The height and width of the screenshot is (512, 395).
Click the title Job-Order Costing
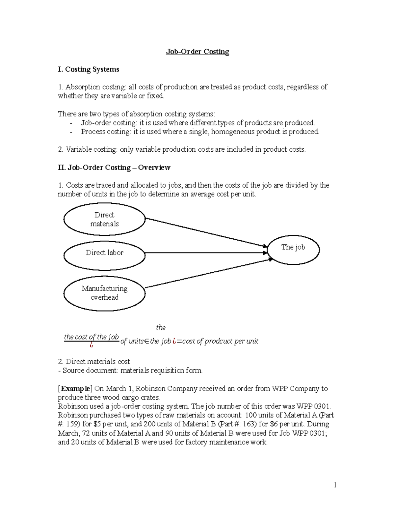coord(197,52)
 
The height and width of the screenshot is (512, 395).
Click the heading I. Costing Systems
coord(88,70)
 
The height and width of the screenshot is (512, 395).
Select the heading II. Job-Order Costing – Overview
coord(114,167)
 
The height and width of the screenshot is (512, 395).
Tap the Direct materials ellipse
coord(104,219)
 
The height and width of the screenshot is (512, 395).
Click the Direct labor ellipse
coord(104,253)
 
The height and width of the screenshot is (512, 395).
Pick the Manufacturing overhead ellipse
coord(104,293)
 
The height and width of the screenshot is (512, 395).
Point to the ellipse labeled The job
coord(293,248)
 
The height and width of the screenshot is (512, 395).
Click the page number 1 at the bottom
coord(335,485)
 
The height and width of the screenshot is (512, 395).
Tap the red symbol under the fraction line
coord(91,346)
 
